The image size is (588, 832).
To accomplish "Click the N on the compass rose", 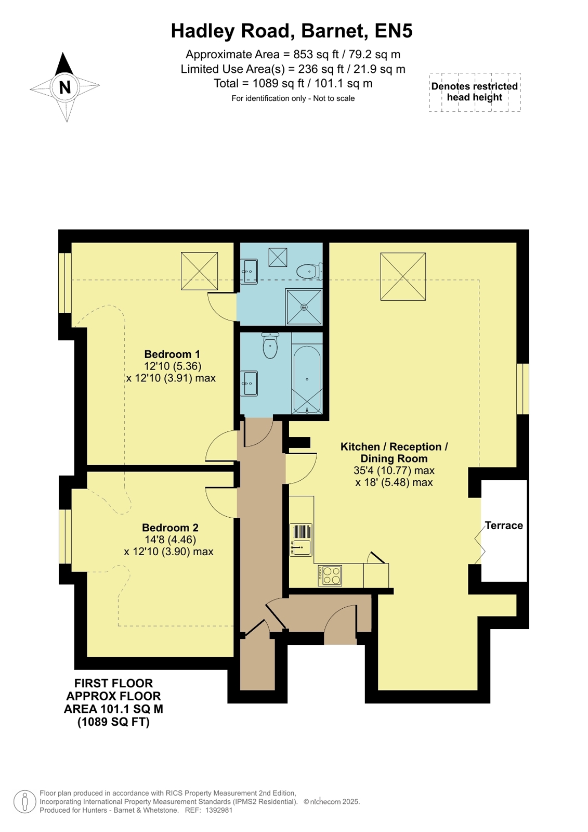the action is point(65,87).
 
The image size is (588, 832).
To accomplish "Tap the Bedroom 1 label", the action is point(172,354).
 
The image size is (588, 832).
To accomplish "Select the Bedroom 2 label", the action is point(170,528).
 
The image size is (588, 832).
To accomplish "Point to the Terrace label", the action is point(504,525).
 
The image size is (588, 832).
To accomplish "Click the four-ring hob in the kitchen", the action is point(330,575).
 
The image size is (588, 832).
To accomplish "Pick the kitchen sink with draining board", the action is point(300,540).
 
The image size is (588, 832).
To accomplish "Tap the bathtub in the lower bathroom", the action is point(307,380).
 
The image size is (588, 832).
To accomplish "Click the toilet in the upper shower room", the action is point(309,271).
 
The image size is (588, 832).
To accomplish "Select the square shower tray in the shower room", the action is point(304,307).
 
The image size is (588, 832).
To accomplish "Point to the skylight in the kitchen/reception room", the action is point(403,276).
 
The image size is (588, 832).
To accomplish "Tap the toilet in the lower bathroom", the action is point(270,345).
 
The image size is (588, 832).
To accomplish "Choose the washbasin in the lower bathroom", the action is point(249,383).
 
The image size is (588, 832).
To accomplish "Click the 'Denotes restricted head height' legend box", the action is point(475,92).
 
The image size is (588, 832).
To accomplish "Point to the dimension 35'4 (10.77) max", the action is point(394,470).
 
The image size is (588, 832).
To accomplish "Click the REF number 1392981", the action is point(219,810).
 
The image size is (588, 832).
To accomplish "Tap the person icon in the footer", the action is point(25,801).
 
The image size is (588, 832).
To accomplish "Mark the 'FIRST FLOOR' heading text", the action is point(113,683).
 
